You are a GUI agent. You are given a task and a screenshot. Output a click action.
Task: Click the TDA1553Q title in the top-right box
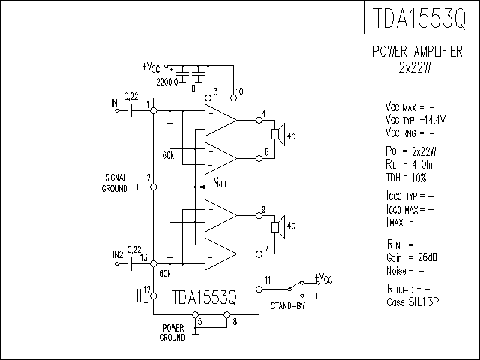(420, 18)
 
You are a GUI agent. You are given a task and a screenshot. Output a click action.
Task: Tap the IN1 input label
(115, 103)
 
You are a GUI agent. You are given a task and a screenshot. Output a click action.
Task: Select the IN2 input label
(118, 254)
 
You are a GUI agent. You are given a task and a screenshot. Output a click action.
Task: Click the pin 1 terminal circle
(154, 110)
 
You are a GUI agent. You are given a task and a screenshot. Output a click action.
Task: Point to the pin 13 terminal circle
(154, 263)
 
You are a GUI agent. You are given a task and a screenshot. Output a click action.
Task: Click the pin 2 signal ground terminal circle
(154, 187)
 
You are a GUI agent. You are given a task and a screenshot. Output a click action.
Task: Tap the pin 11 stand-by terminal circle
(259, 289)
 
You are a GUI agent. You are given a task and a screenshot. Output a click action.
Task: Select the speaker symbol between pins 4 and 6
(278, 134)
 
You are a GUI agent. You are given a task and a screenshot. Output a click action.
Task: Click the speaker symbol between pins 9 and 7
(278, 226)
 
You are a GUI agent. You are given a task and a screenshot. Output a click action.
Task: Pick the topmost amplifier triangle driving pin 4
(220, 120)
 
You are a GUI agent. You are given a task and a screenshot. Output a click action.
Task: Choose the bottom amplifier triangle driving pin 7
(220, 254)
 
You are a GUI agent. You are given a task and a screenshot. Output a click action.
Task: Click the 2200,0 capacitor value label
(166, 82)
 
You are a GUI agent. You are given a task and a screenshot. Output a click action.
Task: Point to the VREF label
(220, 182)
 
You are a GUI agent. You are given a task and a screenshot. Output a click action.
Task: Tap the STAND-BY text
(288, 306)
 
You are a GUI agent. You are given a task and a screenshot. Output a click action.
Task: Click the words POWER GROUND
(172, 332)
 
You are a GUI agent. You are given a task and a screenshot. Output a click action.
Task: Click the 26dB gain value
(427, 257)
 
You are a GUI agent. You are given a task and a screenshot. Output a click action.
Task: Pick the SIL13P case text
(424, 301)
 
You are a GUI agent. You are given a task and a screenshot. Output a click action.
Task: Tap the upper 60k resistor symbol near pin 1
(170, 130)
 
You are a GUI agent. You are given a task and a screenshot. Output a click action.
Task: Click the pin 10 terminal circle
(233, 97)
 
